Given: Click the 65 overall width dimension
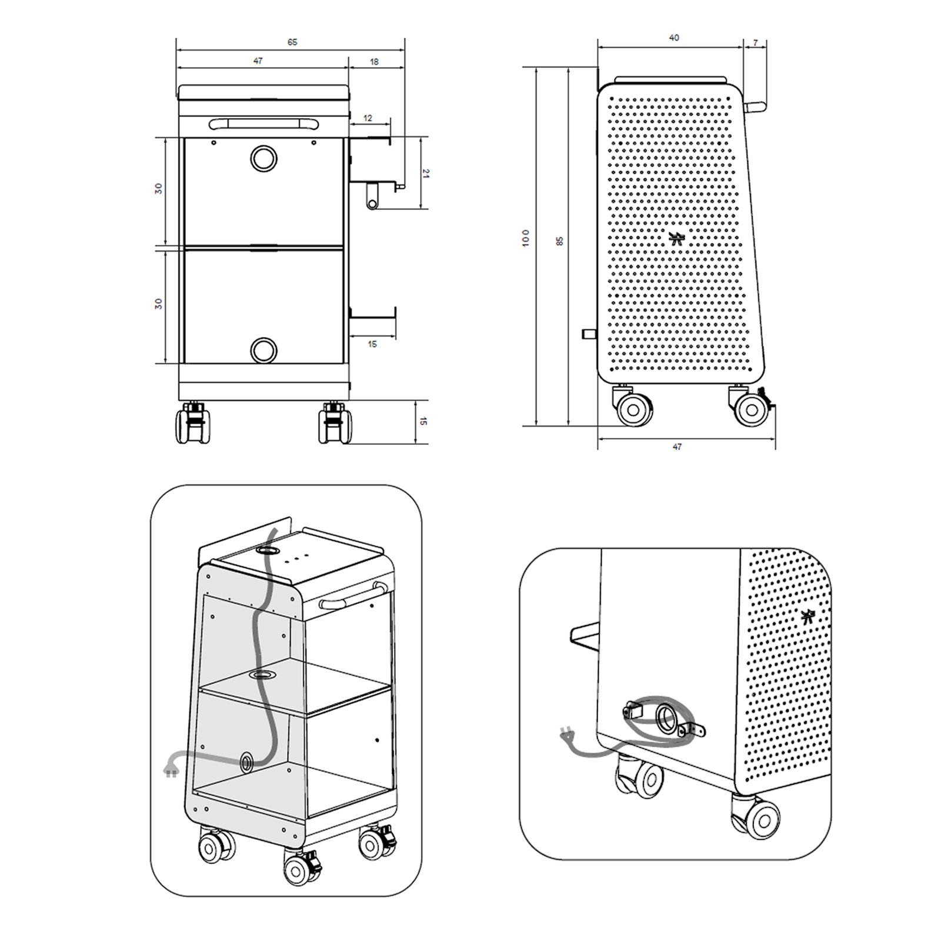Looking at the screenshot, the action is click(x=292, y=42).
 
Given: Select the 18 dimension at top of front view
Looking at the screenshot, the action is click(x=375, y=61).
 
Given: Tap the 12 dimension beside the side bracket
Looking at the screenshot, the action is click(x=368, y=118).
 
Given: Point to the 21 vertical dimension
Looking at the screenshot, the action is click(x=426, y=173).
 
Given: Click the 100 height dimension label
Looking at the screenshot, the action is click(x=526, y=238).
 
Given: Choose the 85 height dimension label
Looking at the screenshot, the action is click(x=560, y=241).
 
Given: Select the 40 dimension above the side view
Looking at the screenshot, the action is click(x=674, y=38).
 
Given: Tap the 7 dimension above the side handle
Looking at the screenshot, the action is click(x=756, y=43).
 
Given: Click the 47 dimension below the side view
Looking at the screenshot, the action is click(x=677, y=447).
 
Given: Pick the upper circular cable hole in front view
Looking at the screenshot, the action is click(x=263, y=158).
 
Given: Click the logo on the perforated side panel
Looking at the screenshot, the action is click(x=678, y=238).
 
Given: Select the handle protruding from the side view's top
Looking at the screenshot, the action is click(x=753, y=107).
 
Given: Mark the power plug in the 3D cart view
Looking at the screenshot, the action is click(x=170, y=768).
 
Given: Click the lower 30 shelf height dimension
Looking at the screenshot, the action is click(x=158, y=303).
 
